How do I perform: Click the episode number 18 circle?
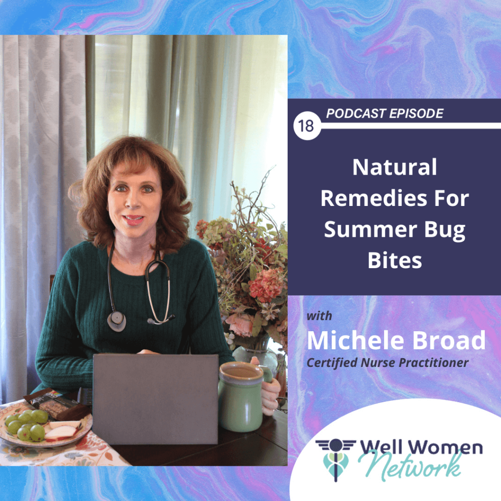(307, 126)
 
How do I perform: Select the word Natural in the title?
(395, 167)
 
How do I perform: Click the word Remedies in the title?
(374, 198)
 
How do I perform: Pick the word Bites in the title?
(395, 260)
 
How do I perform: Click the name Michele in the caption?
(355, 341)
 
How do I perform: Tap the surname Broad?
(449, 341)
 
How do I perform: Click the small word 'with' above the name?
(319, 316)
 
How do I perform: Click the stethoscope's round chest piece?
(116, 321)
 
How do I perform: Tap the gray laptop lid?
(156, 398)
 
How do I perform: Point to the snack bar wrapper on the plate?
(56, 403)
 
